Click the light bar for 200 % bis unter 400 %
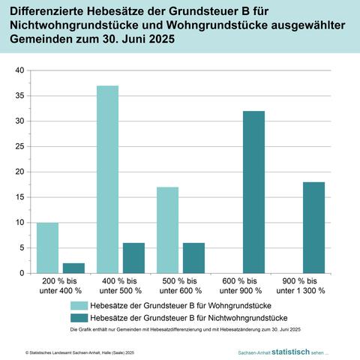[x=47, y=247]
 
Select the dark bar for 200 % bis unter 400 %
[x=73, y=268]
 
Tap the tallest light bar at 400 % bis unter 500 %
[x=107, y=179]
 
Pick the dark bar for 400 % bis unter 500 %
[x=133, y=258]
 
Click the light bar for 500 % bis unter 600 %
[x=167, y=229]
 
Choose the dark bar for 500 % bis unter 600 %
[x=193, y=258]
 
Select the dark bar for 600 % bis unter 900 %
[x=253, y=192]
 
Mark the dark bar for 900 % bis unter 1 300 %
[x=313, y=227]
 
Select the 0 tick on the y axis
[x=22, y=273]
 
